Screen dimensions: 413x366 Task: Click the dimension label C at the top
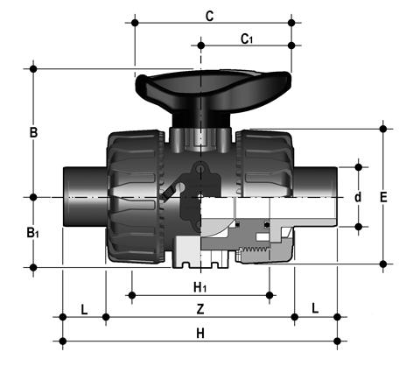coord(209,17)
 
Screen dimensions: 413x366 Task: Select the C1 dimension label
coord(247,39)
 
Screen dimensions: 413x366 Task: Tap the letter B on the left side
coord(33,132)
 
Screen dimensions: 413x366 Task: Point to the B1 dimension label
coord(32,233)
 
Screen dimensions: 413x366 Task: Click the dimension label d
coord(358,197)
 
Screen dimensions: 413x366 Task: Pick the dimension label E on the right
coord(383,197)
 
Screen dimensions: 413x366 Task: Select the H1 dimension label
coord(200,288)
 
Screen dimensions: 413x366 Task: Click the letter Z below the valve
coord(200,309)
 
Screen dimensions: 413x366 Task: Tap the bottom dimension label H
coord(200,333)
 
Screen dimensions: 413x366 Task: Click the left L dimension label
coord(84,310)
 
